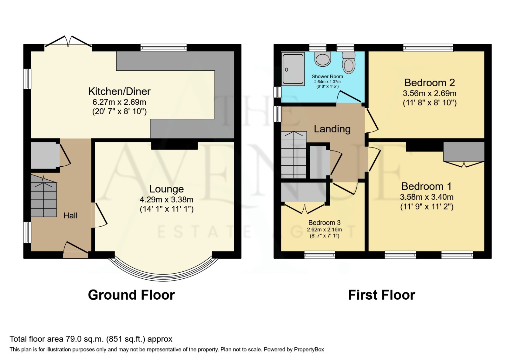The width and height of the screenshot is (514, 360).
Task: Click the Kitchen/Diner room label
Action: click(x=119, y=91)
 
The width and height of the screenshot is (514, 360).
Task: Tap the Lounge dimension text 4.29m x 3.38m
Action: click(x=166, y=200)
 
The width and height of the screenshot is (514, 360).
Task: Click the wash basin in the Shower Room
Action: click(x=323, y=59)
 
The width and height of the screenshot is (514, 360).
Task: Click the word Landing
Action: click(x=332, y=129)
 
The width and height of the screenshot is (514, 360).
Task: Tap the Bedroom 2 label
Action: click(x=429, y=83)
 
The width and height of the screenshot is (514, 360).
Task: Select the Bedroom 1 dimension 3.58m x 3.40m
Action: click(x=426, y=197)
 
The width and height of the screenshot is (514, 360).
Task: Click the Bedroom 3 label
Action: click(x=324, y=223)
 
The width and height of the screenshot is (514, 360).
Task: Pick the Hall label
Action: click(x=70, y=216)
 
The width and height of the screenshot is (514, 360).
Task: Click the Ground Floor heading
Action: click(x=131, y=295)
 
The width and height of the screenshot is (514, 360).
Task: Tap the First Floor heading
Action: click(x=381, y=295)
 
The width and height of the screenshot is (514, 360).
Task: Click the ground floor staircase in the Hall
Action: click(x=43, y=197)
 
